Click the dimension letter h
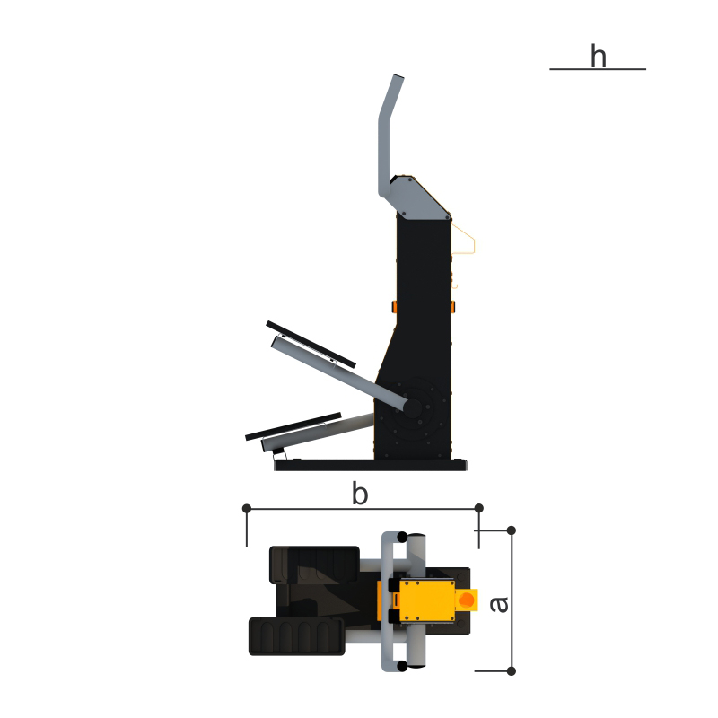(599, 56)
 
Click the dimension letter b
(360, 494)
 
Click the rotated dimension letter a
(499, 604)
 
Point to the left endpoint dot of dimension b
(246, 508)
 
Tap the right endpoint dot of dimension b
(479, 508)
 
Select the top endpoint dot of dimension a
(512, 530)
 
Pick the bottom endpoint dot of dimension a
(512, 671)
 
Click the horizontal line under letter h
(598, 69)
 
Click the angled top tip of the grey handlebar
(398, 77)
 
